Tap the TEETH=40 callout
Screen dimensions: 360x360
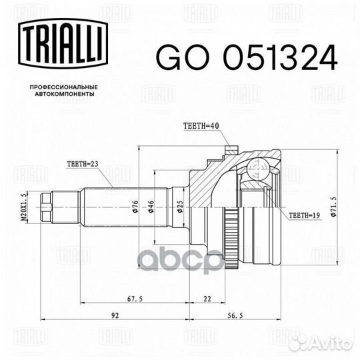(199, 126)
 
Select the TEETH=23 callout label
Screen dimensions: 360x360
(83, 163)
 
